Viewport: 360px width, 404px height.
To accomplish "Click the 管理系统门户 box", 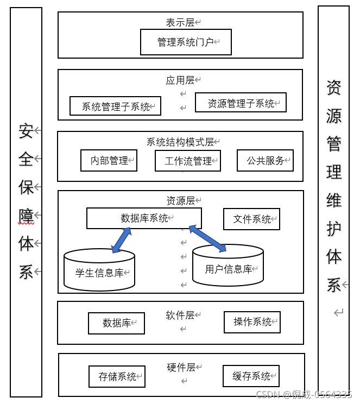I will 186,42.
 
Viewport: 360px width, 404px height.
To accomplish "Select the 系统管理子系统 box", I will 115,106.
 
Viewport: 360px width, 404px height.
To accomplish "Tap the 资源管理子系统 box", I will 241,103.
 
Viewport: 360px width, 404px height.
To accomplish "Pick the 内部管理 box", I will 109,161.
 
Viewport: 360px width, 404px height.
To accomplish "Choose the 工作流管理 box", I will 187,161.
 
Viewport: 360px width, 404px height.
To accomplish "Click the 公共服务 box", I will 265,160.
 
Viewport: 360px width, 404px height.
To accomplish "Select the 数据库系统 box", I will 144,218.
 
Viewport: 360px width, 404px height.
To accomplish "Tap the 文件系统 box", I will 251,219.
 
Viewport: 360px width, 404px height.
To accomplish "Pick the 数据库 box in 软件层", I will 116,323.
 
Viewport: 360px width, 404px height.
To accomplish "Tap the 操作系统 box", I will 252,322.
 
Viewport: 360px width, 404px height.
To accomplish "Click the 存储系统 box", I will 117,376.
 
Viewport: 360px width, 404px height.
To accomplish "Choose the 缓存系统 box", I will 251,376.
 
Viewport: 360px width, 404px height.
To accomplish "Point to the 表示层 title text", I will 180,23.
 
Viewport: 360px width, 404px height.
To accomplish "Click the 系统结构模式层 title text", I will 180,142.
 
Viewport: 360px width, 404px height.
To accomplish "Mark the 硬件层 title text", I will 181,368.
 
